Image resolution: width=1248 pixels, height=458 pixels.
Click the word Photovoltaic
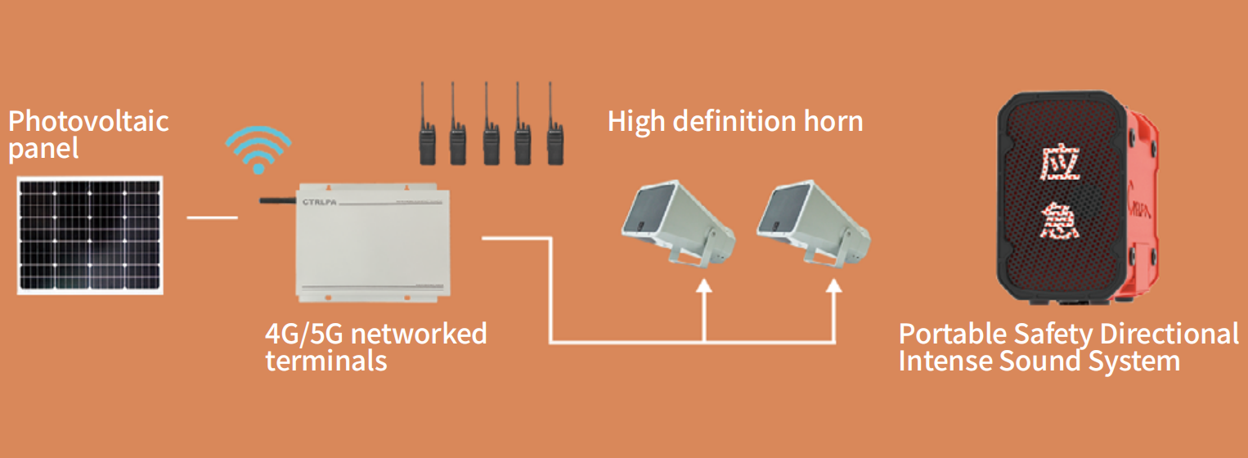88,121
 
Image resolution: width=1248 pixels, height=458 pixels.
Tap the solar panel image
90,235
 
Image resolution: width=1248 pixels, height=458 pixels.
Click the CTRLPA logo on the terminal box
319,202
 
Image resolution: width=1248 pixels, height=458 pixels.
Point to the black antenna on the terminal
277,200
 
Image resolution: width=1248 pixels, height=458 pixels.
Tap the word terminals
326,361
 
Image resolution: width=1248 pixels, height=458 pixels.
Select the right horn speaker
814,224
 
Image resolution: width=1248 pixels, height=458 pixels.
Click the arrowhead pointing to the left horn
704,285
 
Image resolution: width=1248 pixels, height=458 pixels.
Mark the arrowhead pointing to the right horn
833,285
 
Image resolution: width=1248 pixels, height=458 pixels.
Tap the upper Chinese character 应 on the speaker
1060,164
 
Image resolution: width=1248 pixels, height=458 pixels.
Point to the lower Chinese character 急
1060,221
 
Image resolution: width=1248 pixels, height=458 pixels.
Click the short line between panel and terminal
213,218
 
